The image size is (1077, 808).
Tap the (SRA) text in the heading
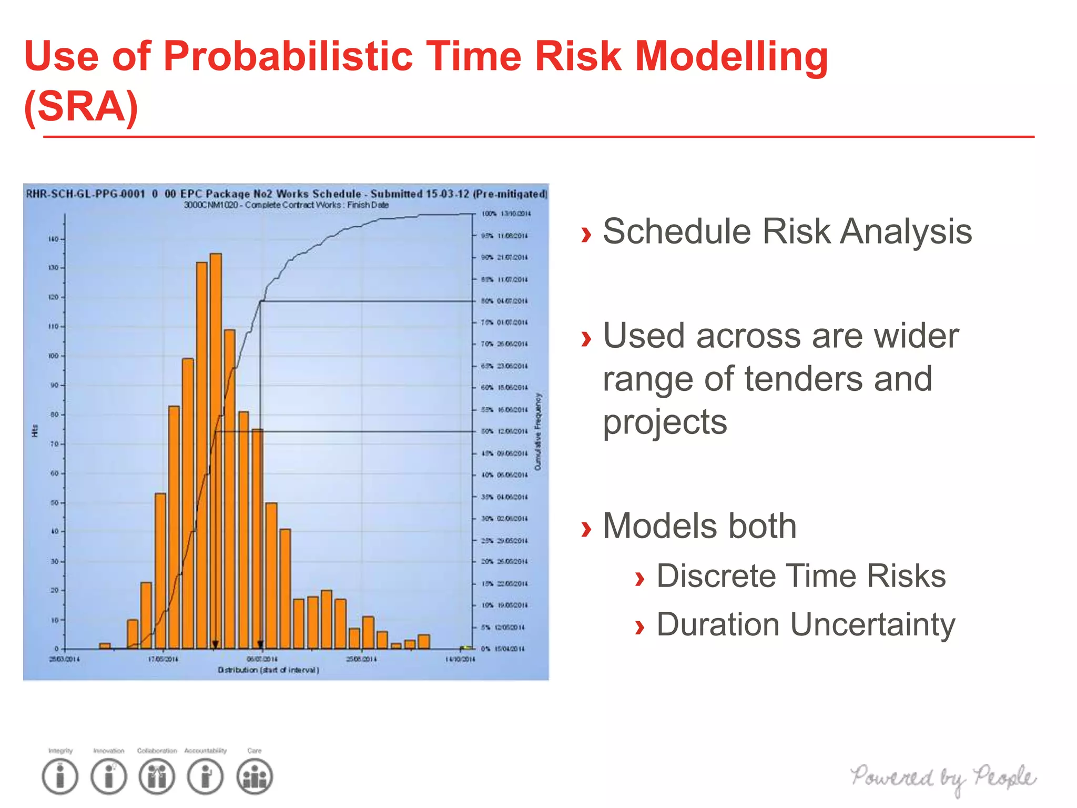pyautogui.click(x=82, y=107)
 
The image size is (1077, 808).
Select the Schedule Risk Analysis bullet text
pyautogui.click(x=787, y=231)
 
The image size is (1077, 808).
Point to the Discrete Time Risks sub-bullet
pyautogui.click(x=800, y=575)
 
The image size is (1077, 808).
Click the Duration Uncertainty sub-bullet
pyautogui.click(x=805, y=624)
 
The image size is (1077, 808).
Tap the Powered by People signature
pyautogui.click(x=943, y=778)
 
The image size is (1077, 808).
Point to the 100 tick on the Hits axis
pyautogui.click(x=54, y=356)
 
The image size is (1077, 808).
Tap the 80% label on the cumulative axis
pyautogui.click(x=487, y=301)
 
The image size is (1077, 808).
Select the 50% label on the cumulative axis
pyautogui.click(x=487, y=431)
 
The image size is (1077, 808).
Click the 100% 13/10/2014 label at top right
pyautogui.click(x=506, y=214)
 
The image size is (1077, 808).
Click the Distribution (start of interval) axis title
pyautogui.click(x=268, y=670)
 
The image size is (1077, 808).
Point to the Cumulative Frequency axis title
pyautogui.click(x=537, y=431)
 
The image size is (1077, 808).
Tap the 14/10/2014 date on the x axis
pyautogui.click(x=460, y=659)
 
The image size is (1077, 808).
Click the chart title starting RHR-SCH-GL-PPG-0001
pyautogui.click(x=287, y=194)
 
